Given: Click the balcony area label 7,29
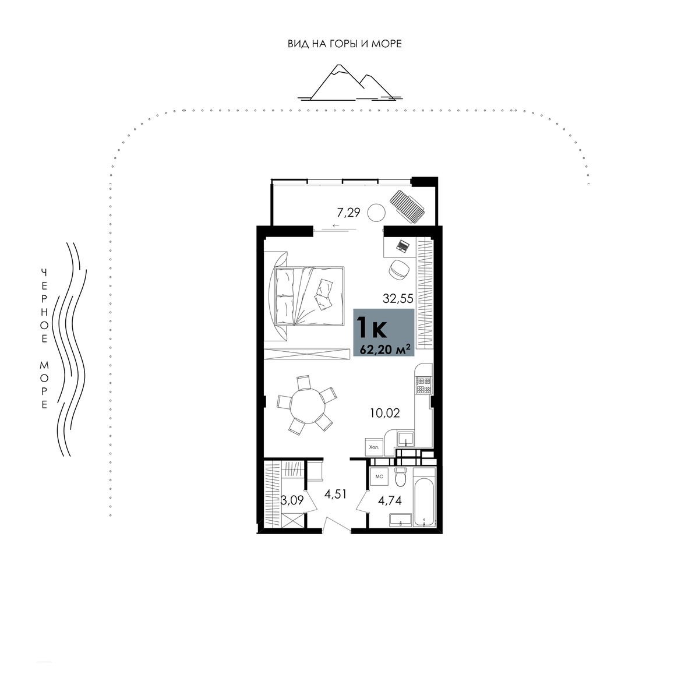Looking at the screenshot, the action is click(x=348, y=212).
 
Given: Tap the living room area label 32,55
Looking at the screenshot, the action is click(x=398, y=299).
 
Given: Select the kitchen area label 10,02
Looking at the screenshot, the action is click(x=385, y=413).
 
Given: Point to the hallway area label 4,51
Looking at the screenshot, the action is click(x=335, y=494).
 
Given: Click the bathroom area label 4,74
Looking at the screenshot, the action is click(x=390, y=500).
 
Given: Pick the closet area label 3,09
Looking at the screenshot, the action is click(x=292, y=500).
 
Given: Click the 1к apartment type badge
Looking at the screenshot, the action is click(x=384, y=332).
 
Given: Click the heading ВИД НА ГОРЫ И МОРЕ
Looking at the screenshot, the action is click(x=345, y=44).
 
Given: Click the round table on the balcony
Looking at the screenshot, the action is click(x=376, y=213).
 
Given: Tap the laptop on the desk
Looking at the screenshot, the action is click(x=403, y=246).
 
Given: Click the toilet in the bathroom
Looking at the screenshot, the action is click(x=401, y=476).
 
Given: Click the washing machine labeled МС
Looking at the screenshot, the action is click(x=379, y=476).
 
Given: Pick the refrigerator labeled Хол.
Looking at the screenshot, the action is click(x=374, y=447).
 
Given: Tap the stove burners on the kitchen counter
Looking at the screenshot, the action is click(x=423, y=385).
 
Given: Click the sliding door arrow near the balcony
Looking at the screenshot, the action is click(x=336, y=225).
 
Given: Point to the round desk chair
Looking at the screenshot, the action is click(x=399, y=270).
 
